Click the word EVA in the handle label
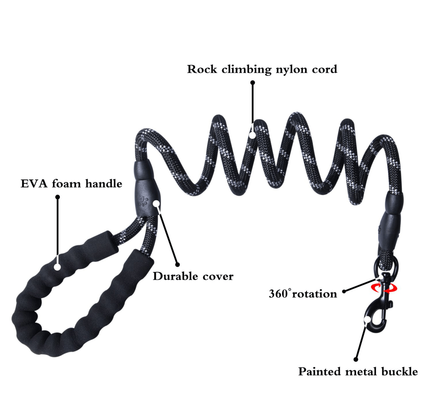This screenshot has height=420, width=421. (x=34, y=184)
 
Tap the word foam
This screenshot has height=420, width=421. (x=66, y=183)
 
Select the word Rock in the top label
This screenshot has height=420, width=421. (x=202, y=69)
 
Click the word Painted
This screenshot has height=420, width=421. (x=319, y=372)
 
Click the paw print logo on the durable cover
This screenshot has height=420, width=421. (x=143, y=201)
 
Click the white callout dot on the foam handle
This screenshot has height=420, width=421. (x=57, y=267)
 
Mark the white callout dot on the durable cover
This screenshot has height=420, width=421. (x=156, y=204)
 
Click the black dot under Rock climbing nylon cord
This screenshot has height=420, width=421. (x=252, y=82)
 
